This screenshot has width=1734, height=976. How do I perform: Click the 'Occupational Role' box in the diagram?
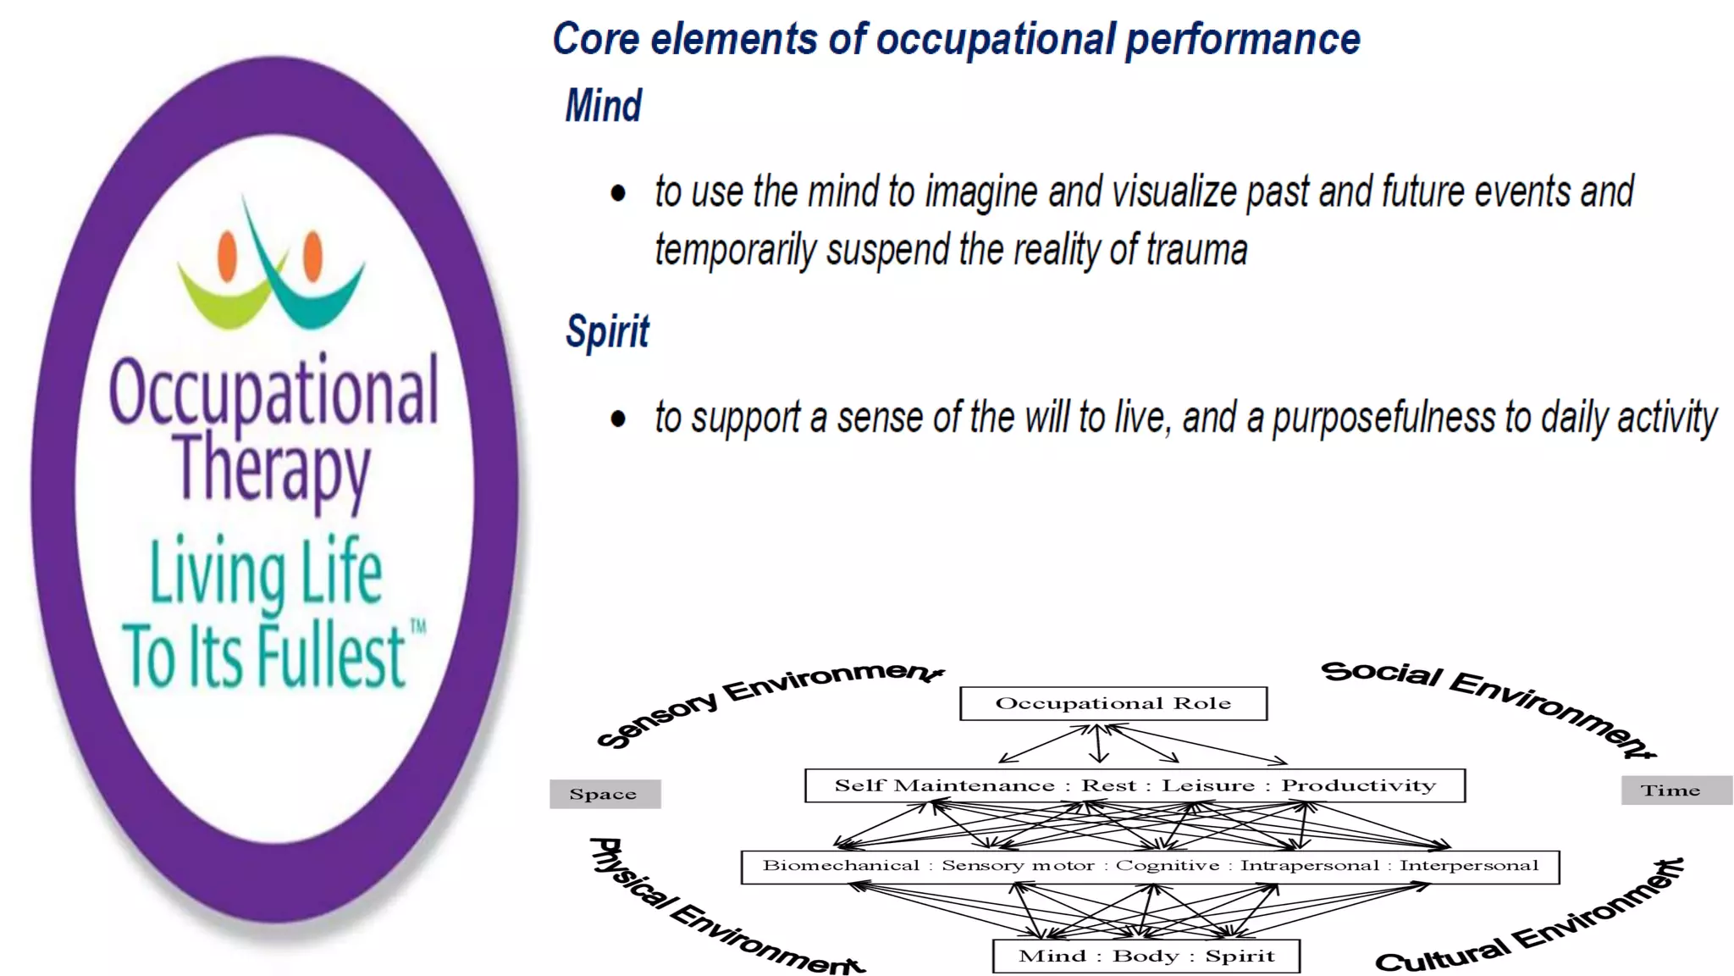[1113, 703]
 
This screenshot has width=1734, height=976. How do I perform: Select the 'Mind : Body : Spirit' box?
[1146, 956]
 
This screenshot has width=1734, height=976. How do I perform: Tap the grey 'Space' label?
[604, 794]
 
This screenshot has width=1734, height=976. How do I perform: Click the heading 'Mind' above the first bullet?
[603, 106]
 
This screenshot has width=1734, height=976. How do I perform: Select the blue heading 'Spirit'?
[607, 331]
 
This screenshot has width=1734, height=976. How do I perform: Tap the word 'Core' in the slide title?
[595, 39]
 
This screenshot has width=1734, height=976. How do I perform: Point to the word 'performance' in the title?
[1242, 39]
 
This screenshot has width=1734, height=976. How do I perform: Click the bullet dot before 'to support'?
[618, 419]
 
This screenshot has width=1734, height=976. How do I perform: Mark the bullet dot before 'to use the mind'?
[618, 193]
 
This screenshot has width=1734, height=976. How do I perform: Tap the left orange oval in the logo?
[227, 255]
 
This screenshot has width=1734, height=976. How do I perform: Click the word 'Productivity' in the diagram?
[1358, 785]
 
